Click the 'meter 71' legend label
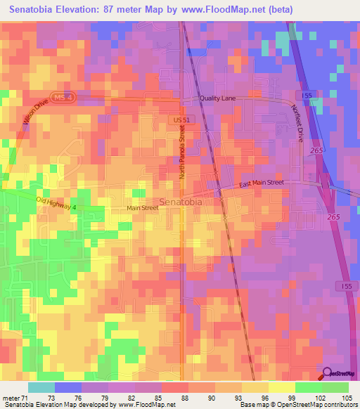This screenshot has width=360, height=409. coord(15,398)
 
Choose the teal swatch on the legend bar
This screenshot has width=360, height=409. coord(41,387)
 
